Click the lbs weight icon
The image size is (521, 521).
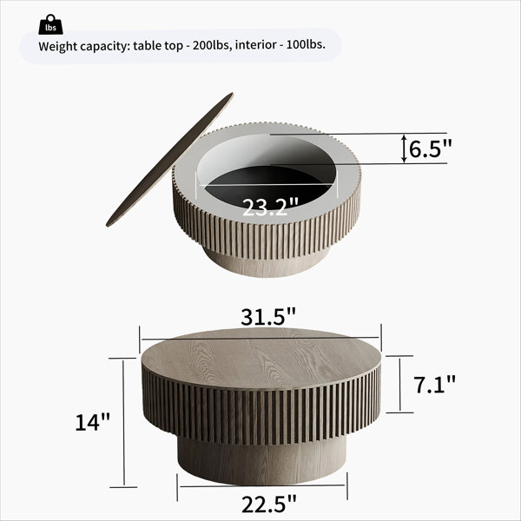(50, 24)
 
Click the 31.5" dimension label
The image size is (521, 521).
(268, 317)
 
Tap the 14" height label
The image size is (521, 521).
(92, 422)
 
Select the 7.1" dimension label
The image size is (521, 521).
(434, 385)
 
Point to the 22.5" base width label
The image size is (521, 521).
(268, 504)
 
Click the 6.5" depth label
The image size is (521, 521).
(431, 148)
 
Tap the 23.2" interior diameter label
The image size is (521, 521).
(270, 208)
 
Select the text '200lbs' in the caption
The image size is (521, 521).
(211, 45)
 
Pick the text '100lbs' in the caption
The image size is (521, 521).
(306, 44)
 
